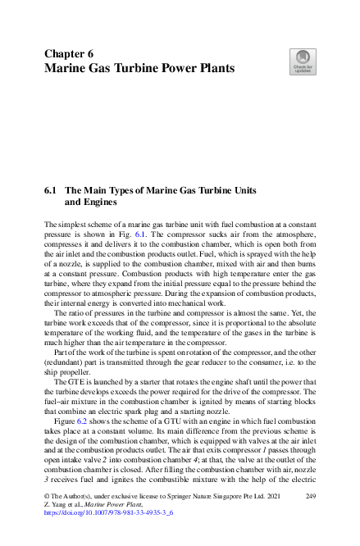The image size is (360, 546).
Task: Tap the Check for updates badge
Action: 303,61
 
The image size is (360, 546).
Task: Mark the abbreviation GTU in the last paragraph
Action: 155,433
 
